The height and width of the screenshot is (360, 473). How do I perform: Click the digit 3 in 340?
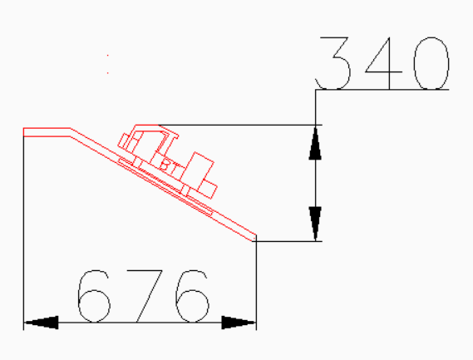point(333,63)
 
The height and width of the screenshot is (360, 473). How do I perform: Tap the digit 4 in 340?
point(384,63)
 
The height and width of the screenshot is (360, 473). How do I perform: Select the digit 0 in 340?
point(431,63)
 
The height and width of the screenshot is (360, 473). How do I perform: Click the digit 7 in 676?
point(145,296)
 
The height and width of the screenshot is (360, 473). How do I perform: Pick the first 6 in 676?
point(94,296)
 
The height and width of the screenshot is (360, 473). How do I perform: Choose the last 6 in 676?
point(192,296)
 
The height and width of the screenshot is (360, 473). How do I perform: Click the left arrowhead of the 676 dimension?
point(41,323)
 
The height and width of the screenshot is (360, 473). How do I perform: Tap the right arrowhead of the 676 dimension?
point(239,323)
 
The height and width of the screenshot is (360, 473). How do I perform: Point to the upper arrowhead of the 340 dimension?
point(316,142)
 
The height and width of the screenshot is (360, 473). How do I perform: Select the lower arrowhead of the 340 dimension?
point(316,224)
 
